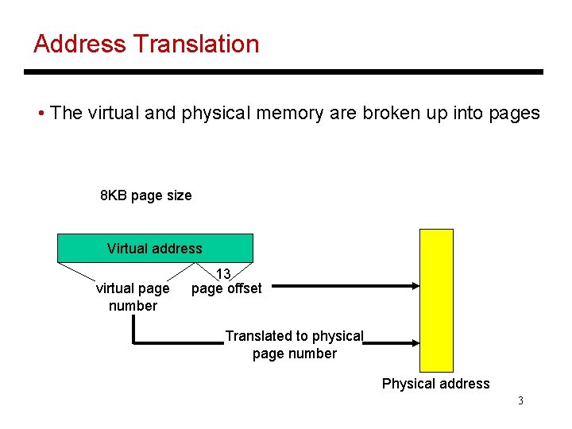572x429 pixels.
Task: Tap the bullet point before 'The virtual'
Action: (41, 114)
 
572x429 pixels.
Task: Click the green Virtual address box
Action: (155, 249)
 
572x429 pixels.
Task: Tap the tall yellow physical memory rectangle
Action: (436, 300)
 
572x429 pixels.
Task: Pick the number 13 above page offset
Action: (223, 274)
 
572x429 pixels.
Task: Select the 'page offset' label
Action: (226, 289)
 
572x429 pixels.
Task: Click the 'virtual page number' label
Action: (133, 297)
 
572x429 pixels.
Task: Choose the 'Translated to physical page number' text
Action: (294, 345)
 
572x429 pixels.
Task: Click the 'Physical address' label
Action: (435, 384)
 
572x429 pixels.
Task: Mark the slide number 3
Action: (520, 401)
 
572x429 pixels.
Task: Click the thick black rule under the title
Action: (284, 72)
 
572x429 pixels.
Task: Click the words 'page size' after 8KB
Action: (161, 195)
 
